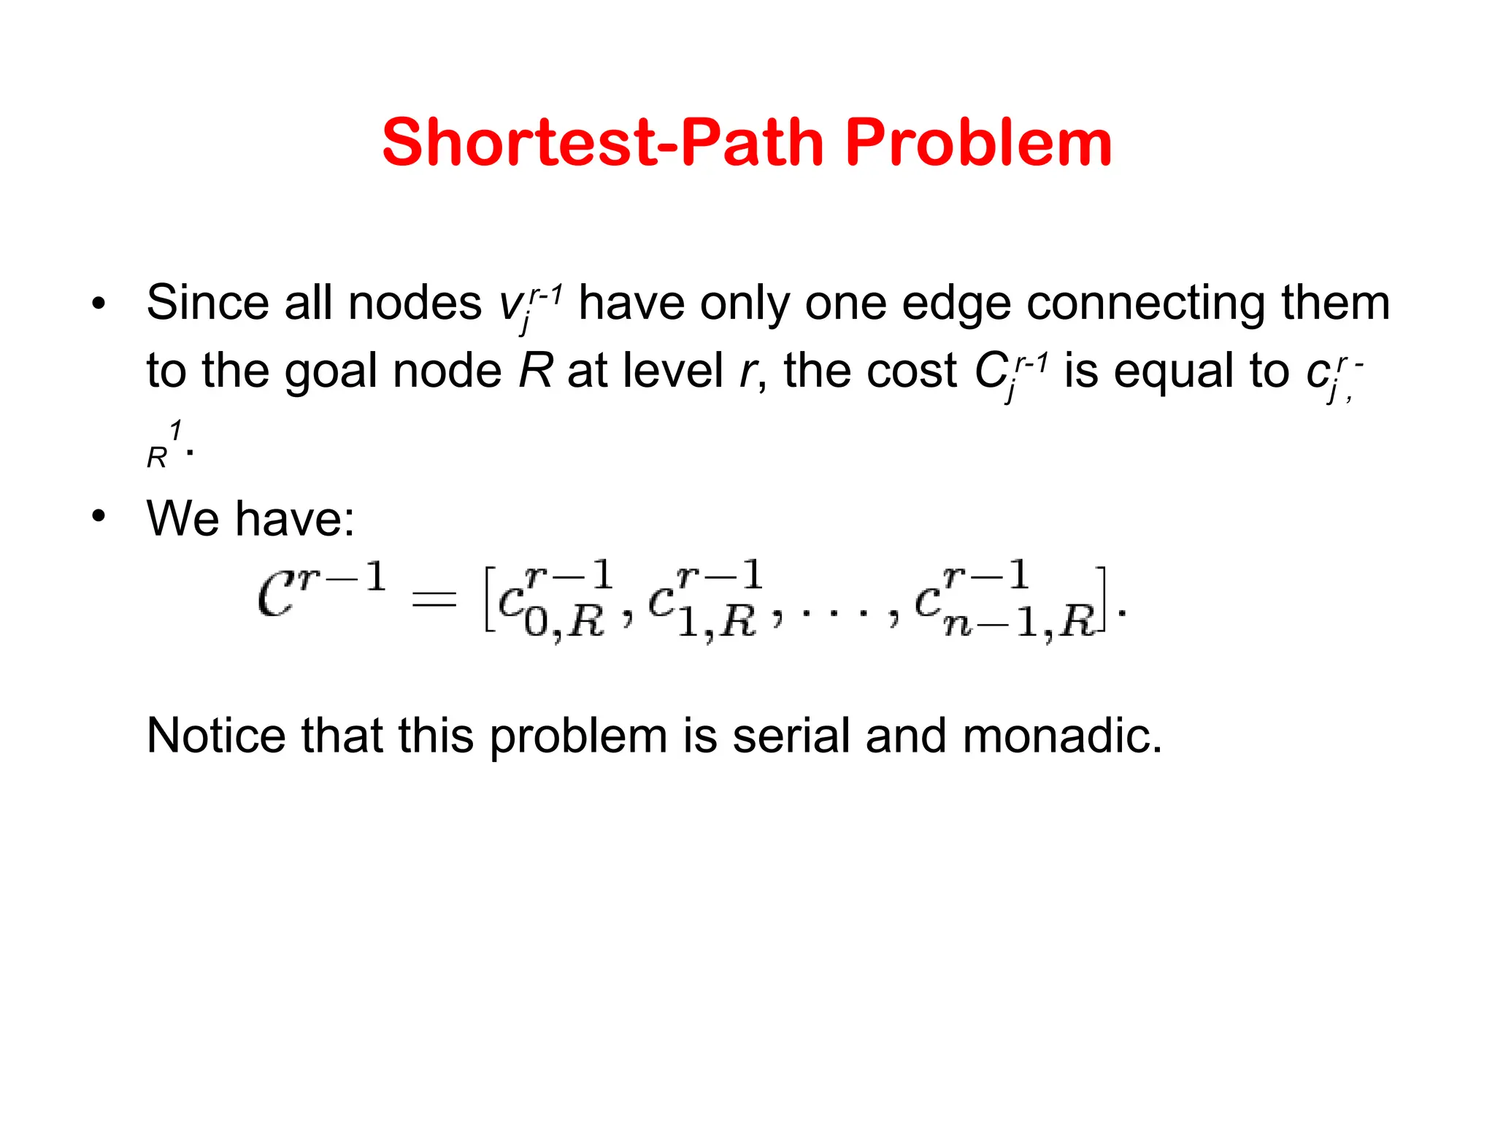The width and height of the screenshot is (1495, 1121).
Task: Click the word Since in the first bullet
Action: click(x=207, y=302)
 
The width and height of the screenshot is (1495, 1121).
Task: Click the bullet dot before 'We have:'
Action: click(x=99, y=517)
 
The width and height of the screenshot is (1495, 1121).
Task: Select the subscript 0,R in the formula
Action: click(x=564, y=623)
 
